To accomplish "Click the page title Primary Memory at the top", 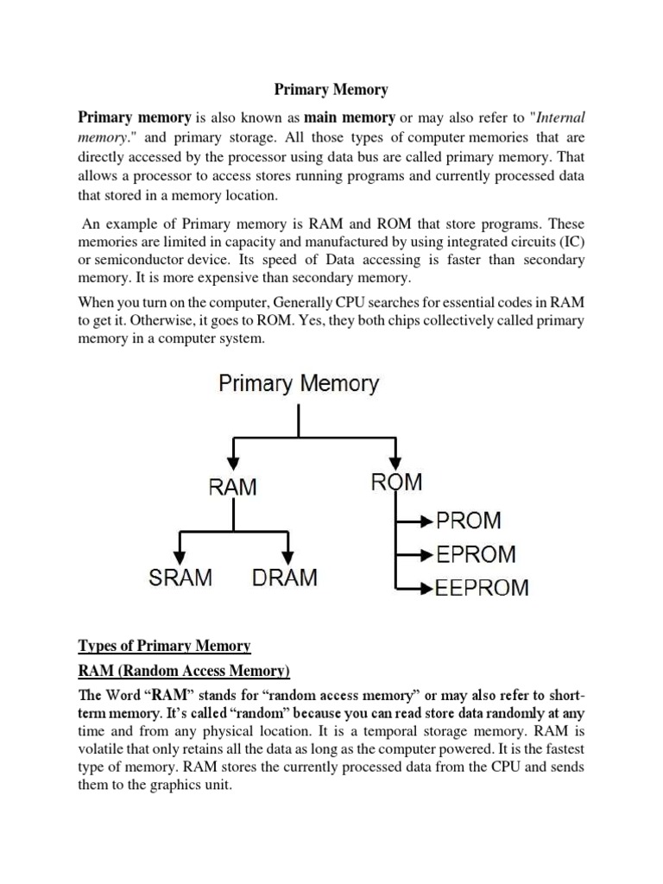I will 331,89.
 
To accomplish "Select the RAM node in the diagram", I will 233,486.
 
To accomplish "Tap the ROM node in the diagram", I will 396,482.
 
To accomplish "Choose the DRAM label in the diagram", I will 285,578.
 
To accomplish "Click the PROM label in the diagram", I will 468,521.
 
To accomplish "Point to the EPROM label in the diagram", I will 476,554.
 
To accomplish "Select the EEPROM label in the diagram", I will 482,588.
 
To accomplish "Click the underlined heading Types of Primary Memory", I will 164,646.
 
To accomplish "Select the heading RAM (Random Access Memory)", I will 184,671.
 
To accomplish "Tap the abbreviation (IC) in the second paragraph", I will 571,241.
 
